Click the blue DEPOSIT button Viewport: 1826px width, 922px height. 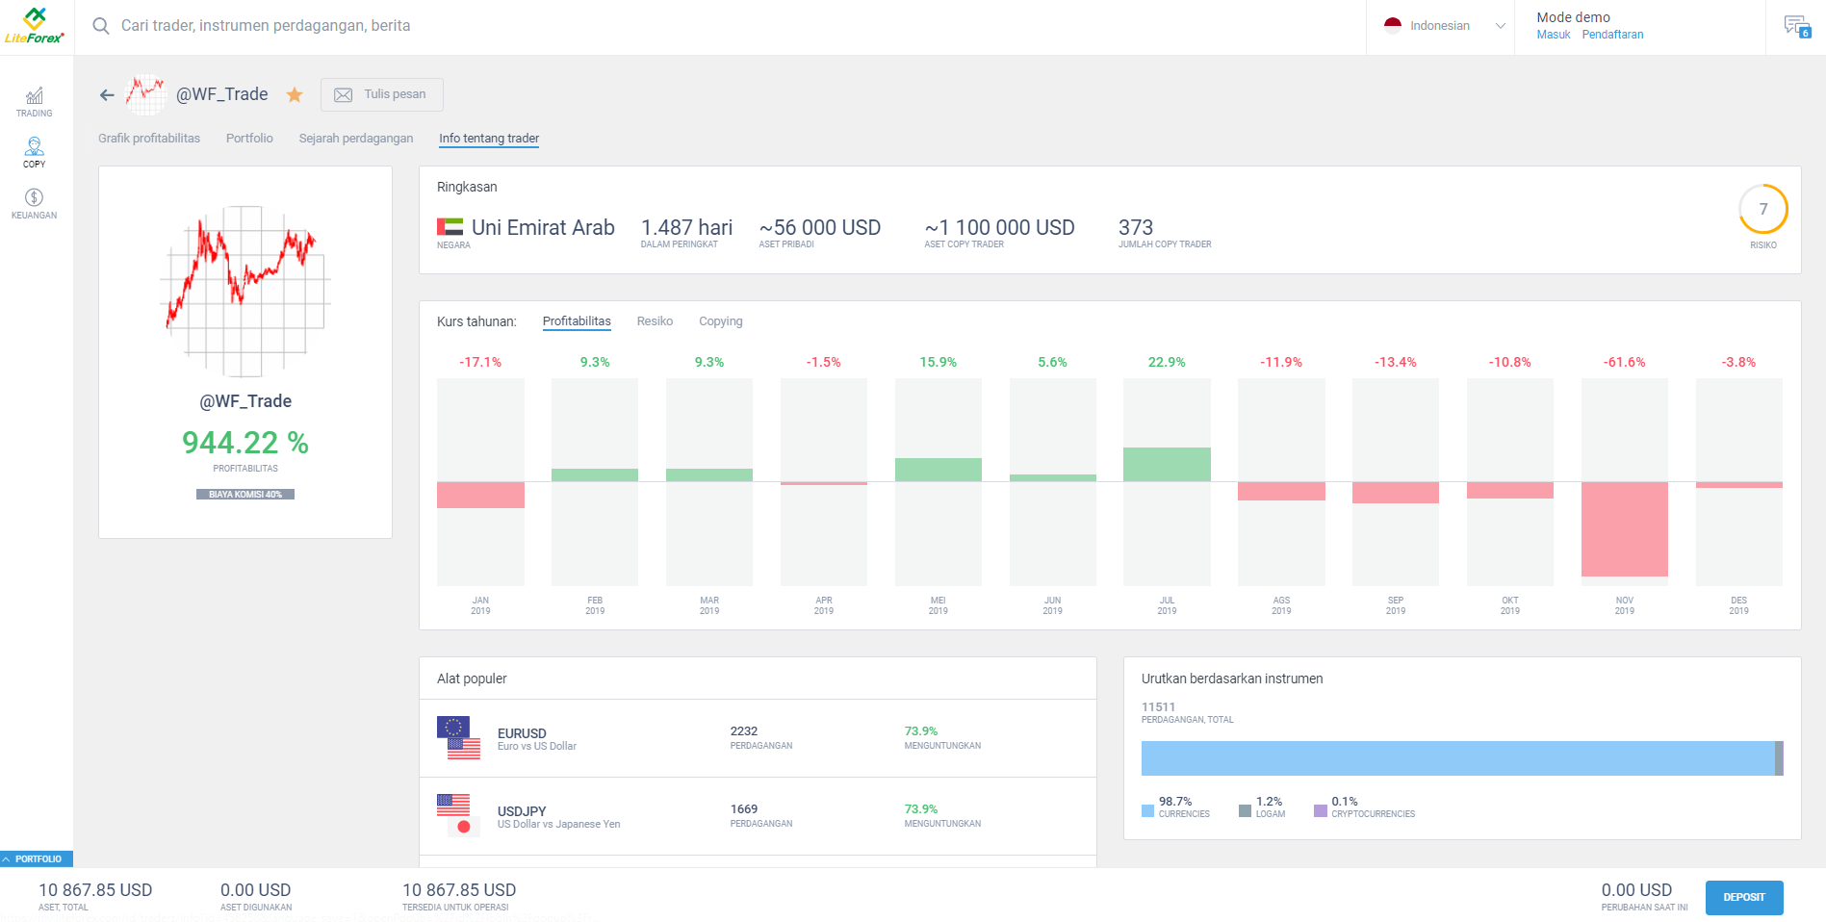[x=1743, y=897]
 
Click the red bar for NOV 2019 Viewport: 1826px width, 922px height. [x=1624, y=528]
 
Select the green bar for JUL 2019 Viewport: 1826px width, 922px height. [x=1166, y=465]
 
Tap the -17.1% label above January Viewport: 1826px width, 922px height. [x=480, y=362]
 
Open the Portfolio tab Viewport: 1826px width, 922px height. [x=249, y=139]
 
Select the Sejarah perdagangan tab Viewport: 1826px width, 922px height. [x=355, y=139]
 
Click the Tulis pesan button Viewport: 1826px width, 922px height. [x=381, y=94]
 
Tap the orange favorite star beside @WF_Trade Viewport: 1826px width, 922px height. [x=295, y=94]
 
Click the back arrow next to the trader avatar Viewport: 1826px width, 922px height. [x=107, y=94]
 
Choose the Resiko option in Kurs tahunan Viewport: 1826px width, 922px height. [x=655, y=321]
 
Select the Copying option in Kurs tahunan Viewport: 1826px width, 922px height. [x=720, y=321]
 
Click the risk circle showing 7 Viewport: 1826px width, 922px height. [x=1762, y=209]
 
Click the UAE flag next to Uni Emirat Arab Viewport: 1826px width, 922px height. [x=450, y=227]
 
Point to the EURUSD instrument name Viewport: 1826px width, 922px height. [x=522, y=733]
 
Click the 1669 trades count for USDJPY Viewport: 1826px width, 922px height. [x=743, y=809]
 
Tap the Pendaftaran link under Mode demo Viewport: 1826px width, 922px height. [x=1612, y=35]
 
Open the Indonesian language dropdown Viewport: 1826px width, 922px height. [x=1444, y=26]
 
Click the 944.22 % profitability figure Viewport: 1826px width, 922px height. [x=245, y=443]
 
